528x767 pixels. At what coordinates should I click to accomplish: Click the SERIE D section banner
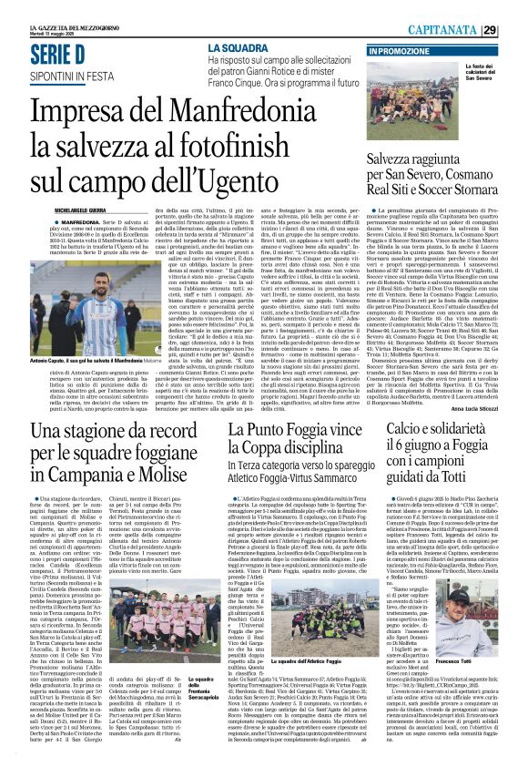pyautogui.click(x=57, y=55)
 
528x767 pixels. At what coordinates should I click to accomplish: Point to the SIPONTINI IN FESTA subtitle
pyautogui.click(x=56, y=77)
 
